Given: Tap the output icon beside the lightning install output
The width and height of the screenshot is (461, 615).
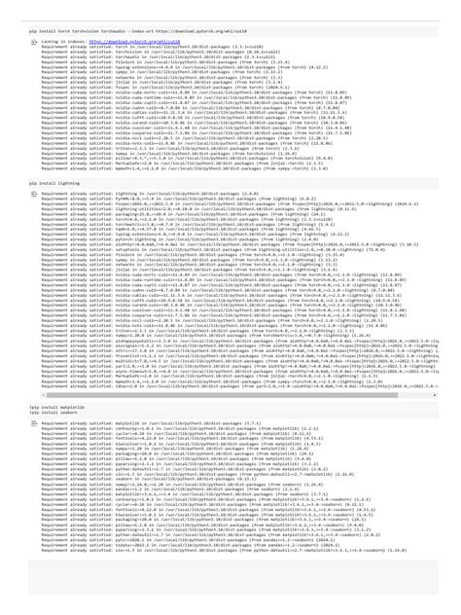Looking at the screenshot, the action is coord(33,194).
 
